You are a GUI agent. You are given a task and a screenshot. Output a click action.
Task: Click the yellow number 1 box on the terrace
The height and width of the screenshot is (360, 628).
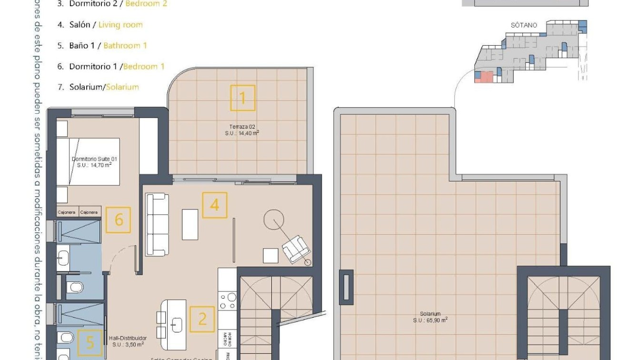[243, 98]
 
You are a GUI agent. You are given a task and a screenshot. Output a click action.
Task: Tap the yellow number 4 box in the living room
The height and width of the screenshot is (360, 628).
[215, 205]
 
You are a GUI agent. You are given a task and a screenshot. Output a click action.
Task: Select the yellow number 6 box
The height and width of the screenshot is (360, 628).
[118, 220]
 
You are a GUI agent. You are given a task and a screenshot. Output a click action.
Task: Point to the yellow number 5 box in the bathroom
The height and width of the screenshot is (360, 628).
[90, 342]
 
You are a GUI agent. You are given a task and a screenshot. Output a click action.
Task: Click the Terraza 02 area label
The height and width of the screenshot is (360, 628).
[242, 130]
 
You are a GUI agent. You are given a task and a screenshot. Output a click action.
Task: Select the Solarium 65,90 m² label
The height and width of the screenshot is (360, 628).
[430, 317]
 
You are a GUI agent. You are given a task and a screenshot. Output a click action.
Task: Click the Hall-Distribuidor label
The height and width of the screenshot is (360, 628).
[128, 340]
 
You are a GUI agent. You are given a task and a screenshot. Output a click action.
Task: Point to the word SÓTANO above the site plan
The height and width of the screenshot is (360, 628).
[524, 25]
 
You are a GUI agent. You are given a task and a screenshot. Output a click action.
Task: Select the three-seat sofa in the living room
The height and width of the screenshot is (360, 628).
[156, 225]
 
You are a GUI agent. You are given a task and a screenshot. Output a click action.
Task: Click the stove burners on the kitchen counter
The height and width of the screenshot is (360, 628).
[228, 301]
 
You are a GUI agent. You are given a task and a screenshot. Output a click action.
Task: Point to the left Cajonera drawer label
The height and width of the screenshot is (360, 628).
[67, 212]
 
